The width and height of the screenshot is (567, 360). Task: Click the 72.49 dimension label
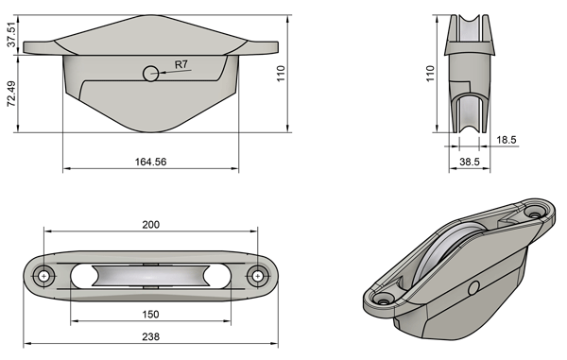coord(11,93)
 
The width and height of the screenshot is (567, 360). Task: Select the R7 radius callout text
coord(181,66)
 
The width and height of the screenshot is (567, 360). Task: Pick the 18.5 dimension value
coord(507,140)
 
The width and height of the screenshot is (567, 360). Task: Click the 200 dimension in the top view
coord(149,225)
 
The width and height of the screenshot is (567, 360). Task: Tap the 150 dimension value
coord(149,314)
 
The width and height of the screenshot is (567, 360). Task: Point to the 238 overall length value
coord(149,337)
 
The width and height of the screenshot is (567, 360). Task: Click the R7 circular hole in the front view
coord(150,74)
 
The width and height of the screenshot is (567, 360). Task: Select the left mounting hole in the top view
coord(43,275)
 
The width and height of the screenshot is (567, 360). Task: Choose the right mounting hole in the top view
coord(257,275)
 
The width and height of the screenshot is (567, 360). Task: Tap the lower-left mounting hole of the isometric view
coord(383,298)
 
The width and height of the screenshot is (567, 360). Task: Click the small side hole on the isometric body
coord(473,285)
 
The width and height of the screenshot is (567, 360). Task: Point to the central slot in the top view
coord(149,275)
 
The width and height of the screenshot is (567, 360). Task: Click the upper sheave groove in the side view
coord(470,33)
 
